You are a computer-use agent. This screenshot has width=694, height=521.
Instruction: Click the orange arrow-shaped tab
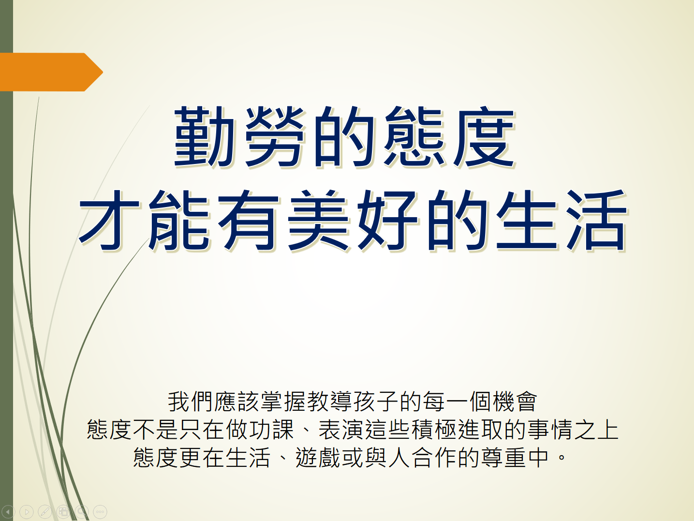pos(51,72)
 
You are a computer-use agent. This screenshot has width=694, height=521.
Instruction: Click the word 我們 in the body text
pos(191,402)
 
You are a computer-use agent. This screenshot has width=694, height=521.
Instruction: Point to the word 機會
pos(515,402)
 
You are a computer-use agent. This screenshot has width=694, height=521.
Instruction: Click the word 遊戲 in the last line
pos(318,458)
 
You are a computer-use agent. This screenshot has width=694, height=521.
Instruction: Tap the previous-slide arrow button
pos(8,511)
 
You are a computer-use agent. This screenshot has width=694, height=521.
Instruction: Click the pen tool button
pos(45,511)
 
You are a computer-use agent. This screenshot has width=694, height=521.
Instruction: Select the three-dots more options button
pos(100,511)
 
